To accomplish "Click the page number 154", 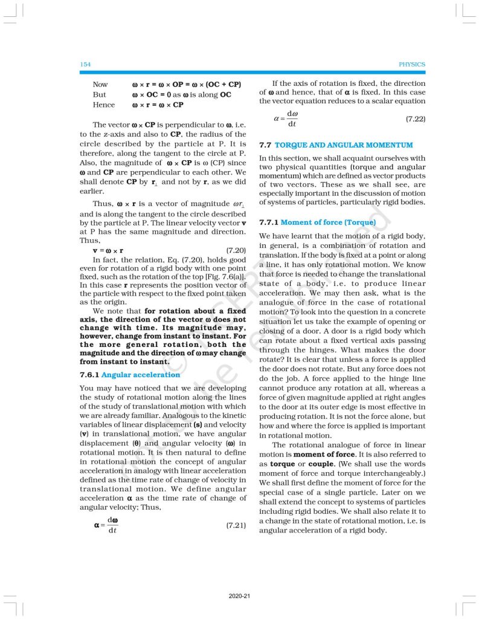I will (85, 64).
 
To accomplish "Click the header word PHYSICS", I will (412, 64).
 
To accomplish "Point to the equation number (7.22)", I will (415, 120).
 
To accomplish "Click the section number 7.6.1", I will (89, 375).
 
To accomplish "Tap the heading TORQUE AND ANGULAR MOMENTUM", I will (344, 145).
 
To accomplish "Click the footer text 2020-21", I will (239, 596).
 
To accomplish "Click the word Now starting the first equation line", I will (100, 85).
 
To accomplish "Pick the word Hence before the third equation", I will (103, 105).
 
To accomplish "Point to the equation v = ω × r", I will (108, 250).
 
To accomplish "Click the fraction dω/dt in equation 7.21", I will (112, 525).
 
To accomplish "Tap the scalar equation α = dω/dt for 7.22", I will (285, 119).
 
